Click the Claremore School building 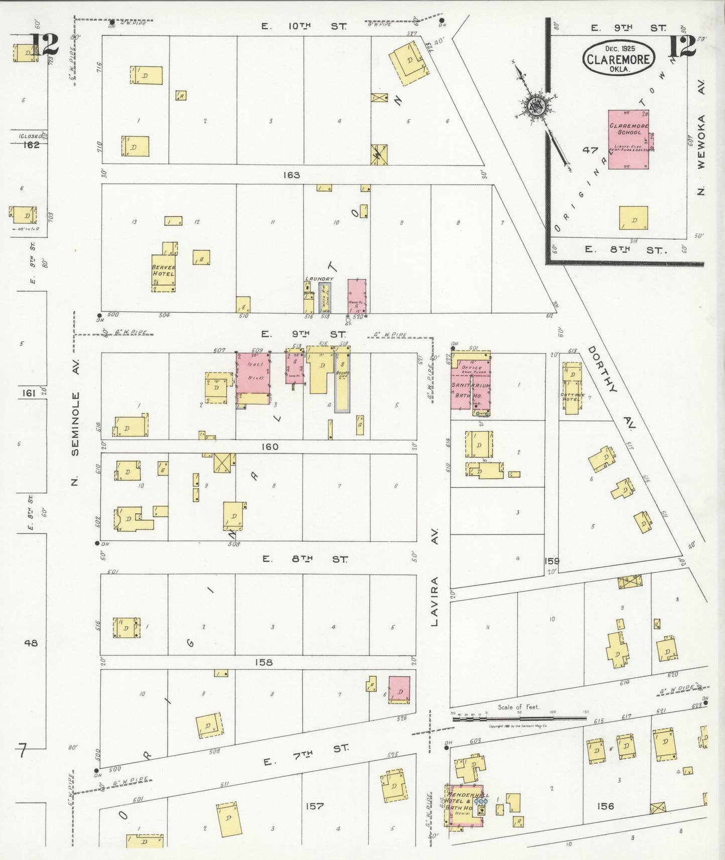click(x=628, y=139)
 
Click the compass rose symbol click(x=536, y=106)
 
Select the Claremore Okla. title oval click(x=619, y=58)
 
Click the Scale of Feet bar click(x=519, y=719)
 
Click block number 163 click(x=291, y=175)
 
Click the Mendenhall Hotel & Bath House click(x=465, y=805)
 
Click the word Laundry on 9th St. click(x=319, y=278)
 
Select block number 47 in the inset click(x=590, y=150)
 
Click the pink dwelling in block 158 click(x=399, y=689)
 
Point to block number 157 click(x=314, y=806)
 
